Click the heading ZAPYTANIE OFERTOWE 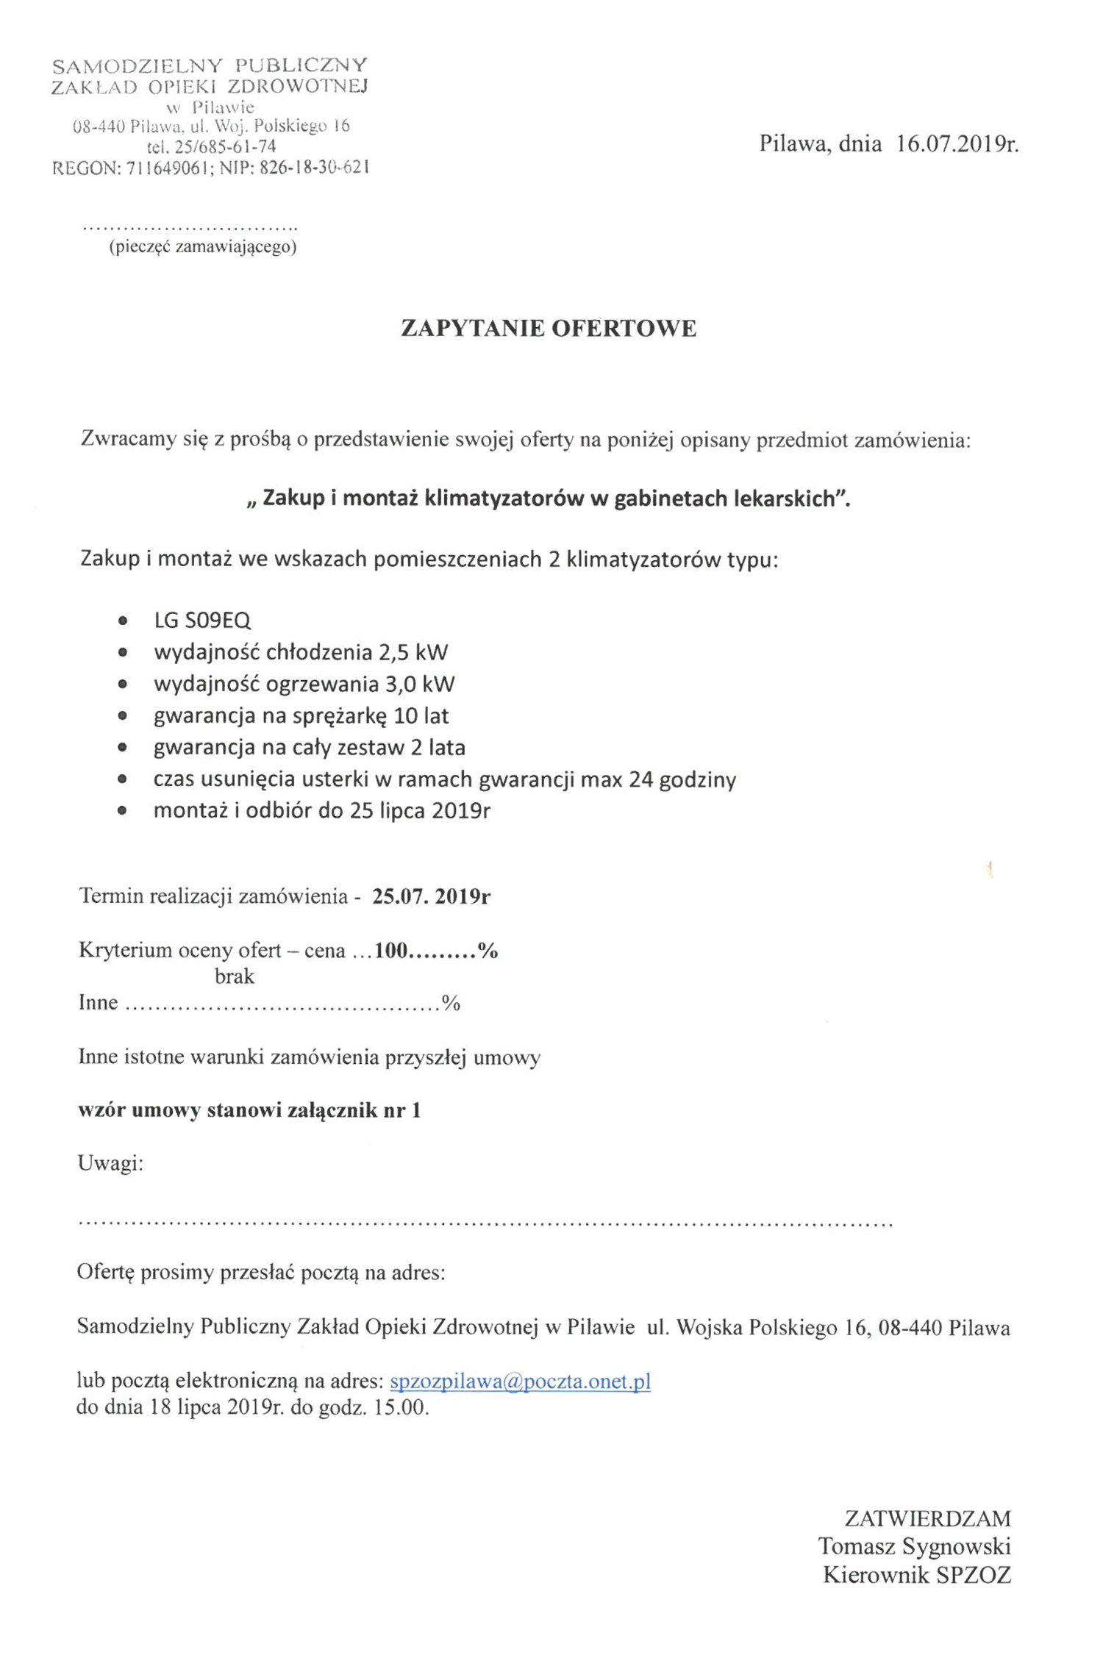[549, 329]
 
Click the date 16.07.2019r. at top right [957, 143]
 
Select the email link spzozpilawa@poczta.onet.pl [520, 1382]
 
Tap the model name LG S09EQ [202, 621]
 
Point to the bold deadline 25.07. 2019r [431, 896]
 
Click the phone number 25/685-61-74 [225, 147]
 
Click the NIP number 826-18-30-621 [314, 168]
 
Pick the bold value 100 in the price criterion [390, 951]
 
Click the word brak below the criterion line [235, 976]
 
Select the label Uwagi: [110, 1163]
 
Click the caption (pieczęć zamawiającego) [203, 247]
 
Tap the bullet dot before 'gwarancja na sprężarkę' [123, 715]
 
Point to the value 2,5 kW [413, 652]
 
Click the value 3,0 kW [420, 684]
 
